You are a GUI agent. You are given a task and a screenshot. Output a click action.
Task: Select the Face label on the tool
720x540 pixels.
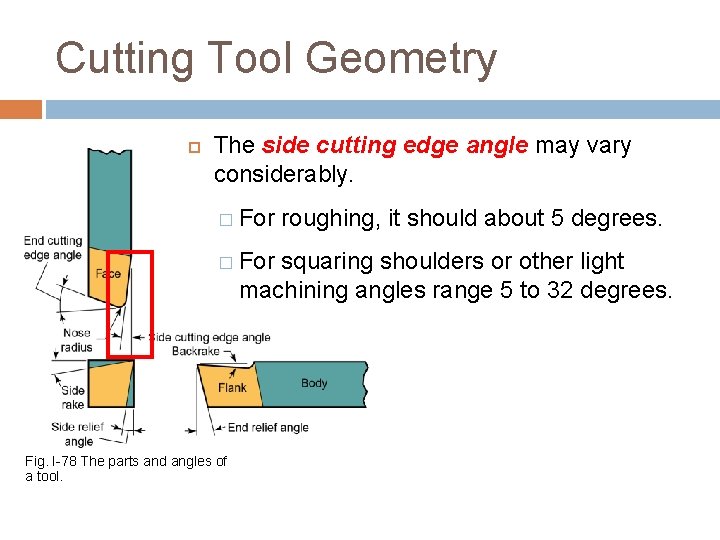pos(108,274)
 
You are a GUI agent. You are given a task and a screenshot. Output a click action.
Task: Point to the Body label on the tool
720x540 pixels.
pos(314,383)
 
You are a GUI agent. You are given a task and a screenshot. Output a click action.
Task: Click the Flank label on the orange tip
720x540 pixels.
pos(232,388)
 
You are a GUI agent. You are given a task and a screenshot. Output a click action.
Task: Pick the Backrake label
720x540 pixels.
pos(195,352)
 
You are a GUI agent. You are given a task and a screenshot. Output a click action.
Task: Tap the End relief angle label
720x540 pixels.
pos(268,427)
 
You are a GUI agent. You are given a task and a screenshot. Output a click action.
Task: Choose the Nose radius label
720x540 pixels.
pos(76,341)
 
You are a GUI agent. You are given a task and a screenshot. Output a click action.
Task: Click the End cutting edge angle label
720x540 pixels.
pos(53,248)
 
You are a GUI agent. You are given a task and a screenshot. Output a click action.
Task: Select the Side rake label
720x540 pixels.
pos(72,397)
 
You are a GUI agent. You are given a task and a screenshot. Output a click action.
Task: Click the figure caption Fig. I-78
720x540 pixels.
pos(125,468)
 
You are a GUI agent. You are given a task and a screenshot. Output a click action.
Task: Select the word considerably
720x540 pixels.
pos(283,175)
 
